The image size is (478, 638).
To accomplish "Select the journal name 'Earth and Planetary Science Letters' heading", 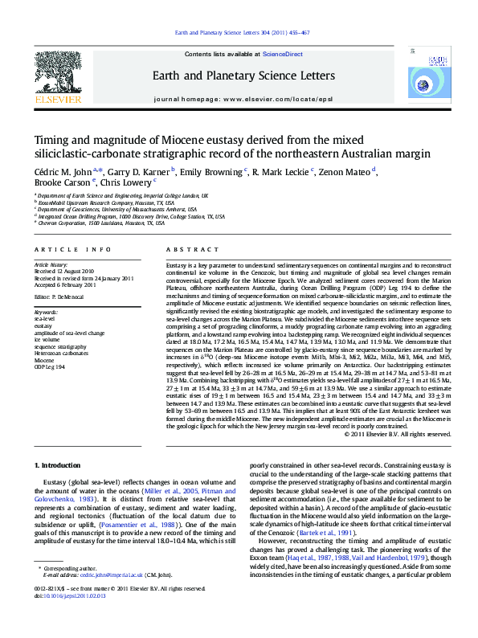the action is click(x=238, y=75).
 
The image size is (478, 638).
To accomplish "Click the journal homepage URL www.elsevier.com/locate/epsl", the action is click(x=274, y=100).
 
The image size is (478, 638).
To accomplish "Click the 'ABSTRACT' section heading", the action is click(x=185, y=252).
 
